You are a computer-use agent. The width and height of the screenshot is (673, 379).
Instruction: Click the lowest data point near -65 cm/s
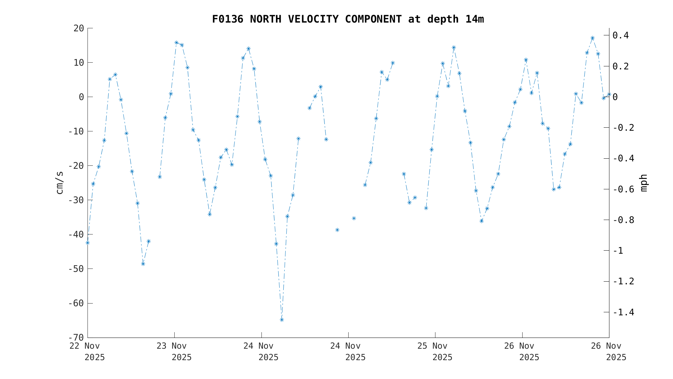click(x=282, y=320)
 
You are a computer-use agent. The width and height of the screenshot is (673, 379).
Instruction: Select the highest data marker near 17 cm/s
click(x=592, y=38)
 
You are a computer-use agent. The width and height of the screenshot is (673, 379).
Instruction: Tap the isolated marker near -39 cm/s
click(x=337, y=230)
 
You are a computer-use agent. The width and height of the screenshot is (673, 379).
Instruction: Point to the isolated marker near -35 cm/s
click(x=354, y=218)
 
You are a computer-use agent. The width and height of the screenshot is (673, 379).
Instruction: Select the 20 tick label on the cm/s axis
click(x=79, y=28)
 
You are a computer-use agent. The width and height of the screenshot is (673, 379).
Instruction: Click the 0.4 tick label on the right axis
click(x=621, y=35)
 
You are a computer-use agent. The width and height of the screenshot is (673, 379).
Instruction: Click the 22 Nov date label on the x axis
click(x=85, y=346)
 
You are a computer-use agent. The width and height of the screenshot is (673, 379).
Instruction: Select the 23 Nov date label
click(x=172, y=346)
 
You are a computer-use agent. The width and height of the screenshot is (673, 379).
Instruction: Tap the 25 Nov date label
click(x=432, y=346)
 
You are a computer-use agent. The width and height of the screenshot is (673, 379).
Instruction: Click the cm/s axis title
click(x=60, y=183)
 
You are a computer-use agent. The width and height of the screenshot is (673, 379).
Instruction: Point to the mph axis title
click(x=643, y=183)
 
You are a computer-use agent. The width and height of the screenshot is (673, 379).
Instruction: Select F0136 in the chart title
click(x=227, y=19)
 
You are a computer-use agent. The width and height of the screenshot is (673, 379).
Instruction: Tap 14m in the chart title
click(x=474, y=19)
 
